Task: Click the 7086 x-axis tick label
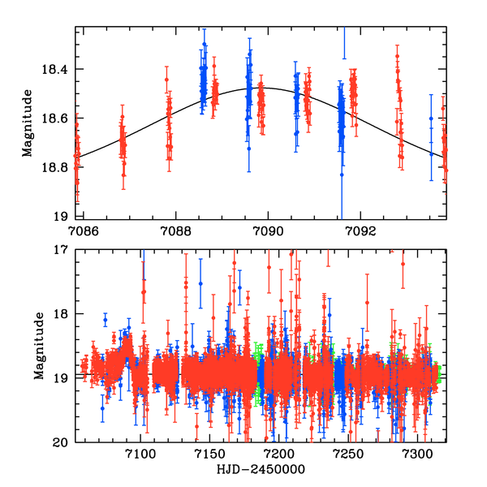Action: point(84,230)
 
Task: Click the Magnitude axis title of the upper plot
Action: point(28,123)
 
